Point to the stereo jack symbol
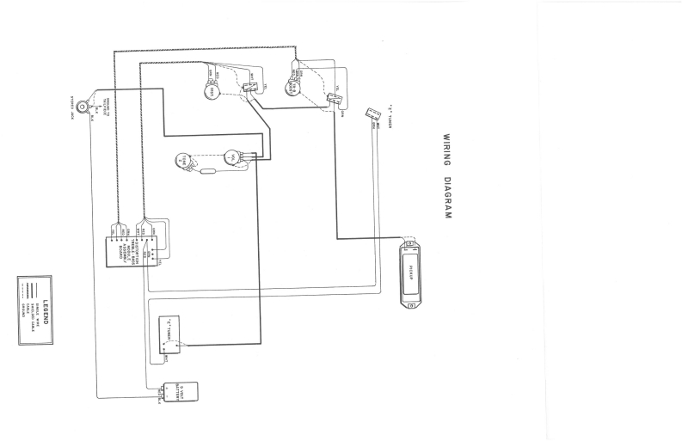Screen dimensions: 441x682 pos(82,107)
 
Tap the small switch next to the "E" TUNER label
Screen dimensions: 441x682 pos(372,113)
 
